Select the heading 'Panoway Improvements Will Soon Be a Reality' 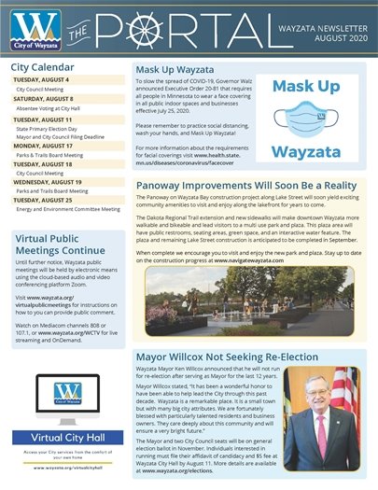[250, 186]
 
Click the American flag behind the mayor [351, 392]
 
